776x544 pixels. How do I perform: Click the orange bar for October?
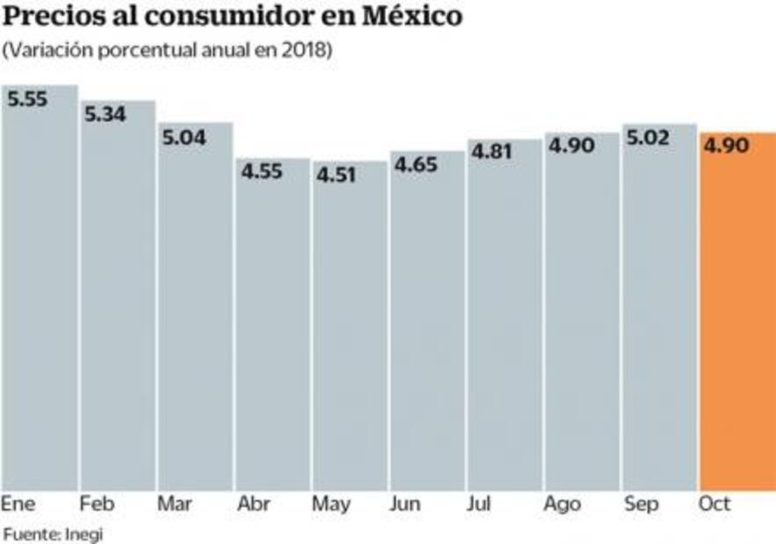[x=737, y=311]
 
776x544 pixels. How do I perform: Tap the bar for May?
[x=350, y=325]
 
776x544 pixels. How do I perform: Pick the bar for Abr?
[x=273, y=324]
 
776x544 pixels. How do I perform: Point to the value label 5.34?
[x=105, y=114]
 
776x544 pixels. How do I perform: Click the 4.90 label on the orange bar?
[x=725, y=146]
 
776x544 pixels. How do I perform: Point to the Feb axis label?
[x=96, y=505]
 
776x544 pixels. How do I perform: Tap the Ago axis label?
[x=562, y=505]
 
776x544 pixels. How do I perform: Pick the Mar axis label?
[x=175, y=505]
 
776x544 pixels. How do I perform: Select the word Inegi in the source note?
[x=82, y=533]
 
